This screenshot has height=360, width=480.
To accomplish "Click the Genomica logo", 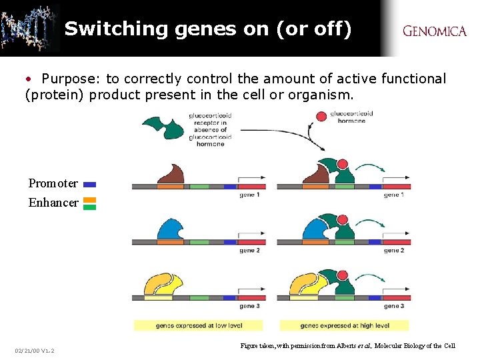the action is [x=434, y=31].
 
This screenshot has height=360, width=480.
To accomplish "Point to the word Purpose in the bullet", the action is [x=69, y=79].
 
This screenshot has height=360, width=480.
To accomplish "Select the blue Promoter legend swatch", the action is [x=90, y=184].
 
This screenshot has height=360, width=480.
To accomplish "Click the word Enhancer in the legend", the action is [x=53, y=203].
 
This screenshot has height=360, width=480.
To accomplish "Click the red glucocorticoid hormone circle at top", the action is [x=321, y=117].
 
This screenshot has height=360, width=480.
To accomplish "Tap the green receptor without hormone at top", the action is [x=163, y=127].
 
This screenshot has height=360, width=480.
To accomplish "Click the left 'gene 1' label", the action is [x=249, y=195].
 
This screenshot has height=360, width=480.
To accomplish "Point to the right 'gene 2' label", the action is [x=393, y=250].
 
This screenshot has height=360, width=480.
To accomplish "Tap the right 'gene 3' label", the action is [x=393, y=306].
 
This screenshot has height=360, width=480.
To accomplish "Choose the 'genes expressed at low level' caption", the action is [x=199, y=325].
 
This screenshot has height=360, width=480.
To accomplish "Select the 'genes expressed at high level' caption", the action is [x=344, y=325].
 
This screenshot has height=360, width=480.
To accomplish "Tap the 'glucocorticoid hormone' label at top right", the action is [x=351, y=117].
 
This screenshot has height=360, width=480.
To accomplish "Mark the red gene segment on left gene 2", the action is [x=252, y=242].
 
